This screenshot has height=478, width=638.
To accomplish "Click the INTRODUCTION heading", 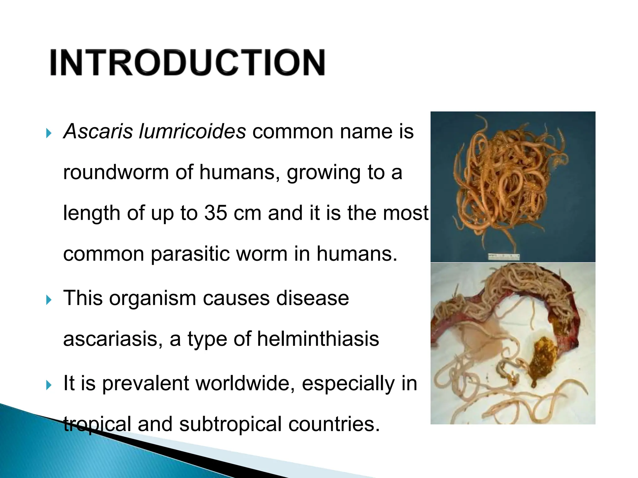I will click(187, 62).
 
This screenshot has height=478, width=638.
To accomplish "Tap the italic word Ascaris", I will click(98, 131).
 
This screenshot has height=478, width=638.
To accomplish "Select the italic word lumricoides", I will click(192, 131).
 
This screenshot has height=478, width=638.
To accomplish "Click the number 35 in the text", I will click(216, 213).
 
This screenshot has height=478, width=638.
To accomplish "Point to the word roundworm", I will click(116, 172).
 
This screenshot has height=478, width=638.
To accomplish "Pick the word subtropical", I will click(230, 424).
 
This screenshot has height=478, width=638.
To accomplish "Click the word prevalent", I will click(145, 383).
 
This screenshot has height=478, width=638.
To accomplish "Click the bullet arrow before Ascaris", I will click(48, 134).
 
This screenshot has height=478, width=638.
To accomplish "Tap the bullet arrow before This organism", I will click(48, 300).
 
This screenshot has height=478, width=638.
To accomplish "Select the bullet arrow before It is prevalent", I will click(48, 385).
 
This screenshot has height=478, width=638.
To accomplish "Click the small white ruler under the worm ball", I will click(503, 257).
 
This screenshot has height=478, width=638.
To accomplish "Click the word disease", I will click(312, 298).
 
